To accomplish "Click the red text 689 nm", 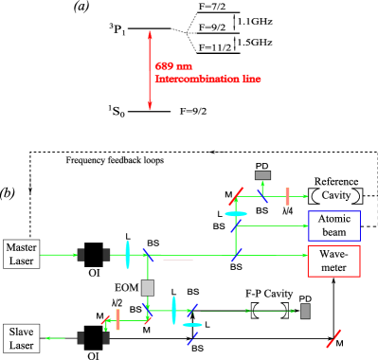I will (173, 66).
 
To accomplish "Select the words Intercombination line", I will (207, 80).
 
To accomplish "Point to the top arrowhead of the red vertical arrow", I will (150, 34).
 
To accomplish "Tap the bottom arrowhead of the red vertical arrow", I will (150, 107).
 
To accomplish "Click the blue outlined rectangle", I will (333, 225).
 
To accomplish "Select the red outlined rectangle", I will (333, 261).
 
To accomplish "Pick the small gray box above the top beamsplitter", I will (262, 175).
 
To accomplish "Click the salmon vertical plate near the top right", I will (287, 196).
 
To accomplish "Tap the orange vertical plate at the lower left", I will (117, 319).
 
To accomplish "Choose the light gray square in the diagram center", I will (148, 287).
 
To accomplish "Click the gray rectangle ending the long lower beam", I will (305, 311).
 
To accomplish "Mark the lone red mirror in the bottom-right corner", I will (333, 338).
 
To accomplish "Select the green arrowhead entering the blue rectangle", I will (305, 225).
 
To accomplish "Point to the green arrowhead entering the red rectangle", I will (305, 255).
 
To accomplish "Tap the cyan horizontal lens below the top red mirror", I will (236, 214).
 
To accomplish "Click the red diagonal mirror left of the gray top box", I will (236, 196).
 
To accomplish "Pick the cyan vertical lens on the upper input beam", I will (128, 254).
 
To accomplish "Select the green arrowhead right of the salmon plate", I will (305, 196).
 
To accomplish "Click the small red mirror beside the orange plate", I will (106, 320).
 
